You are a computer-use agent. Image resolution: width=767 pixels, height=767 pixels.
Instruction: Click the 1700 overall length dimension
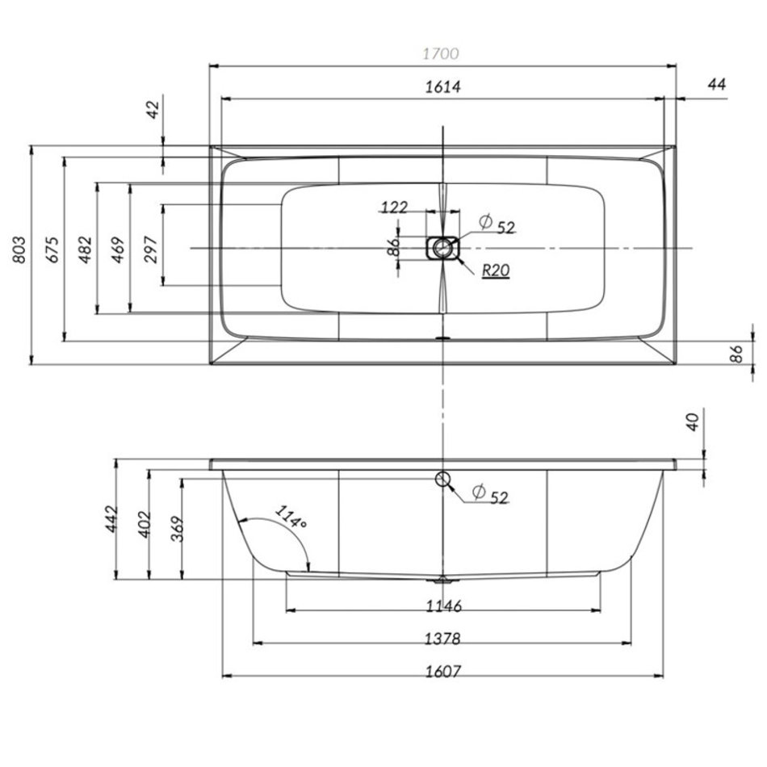[441, 54]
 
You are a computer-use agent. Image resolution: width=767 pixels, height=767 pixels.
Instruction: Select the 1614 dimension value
[442, 87]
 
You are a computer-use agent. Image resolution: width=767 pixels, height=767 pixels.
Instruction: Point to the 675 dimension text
[52, 252]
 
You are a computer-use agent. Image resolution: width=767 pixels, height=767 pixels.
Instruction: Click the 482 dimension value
[86, 252]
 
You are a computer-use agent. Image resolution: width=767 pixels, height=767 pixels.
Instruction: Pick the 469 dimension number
[118, 252]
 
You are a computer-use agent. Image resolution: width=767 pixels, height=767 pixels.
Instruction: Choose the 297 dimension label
[151, 252]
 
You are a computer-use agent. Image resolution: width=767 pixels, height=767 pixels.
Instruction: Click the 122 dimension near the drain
[394, 207]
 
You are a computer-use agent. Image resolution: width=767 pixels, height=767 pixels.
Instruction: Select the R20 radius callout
[495, 271]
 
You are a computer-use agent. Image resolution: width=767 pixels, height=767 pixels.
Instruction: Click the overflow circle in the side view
[442, 480]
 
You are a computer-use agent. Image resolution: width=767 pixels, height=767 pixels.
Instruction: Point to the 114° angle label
[291, 518]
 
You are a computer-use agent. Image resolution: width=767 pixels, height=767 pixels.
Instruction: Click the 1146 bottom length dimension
[443, 606]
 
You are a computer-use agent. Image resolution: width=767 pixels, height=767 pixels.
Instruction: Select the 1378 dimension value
[443, 639]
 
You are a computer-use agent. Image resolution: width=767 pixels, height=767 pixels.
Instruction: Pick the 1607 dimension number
[443, 671]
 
